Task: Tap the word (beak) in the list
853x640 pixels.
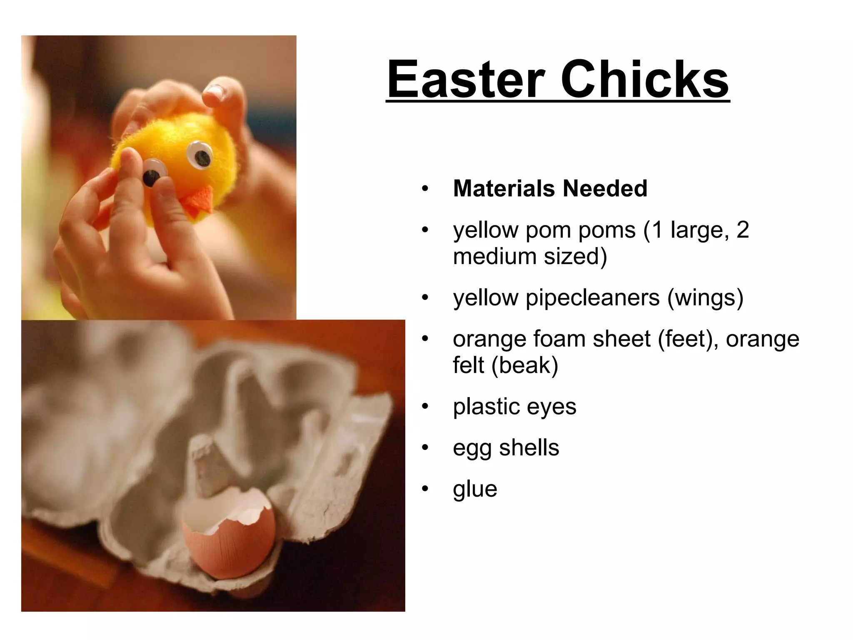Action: tap(524, 365)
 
